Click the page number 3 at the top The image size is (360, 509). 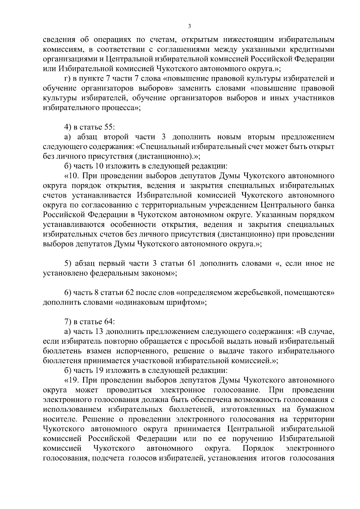[x=189, y=26]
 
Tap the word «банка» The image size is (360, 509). [x=324, y=205]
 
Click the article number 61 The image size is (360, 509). [x=192, y=264]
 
